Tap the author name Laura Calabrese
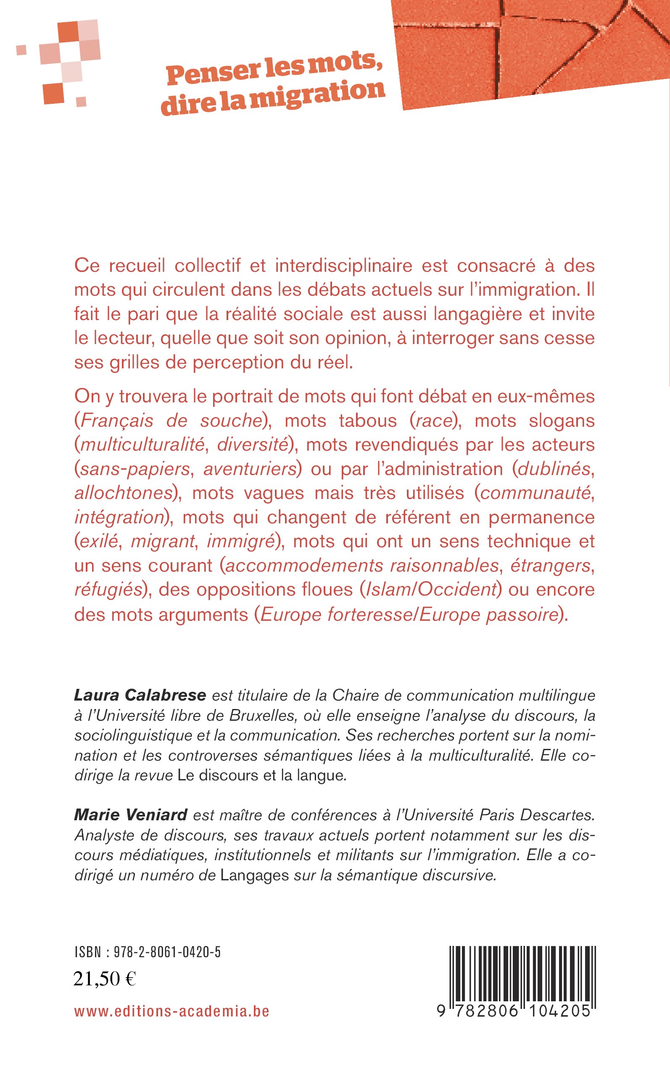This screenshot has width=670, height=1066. coord(140,695)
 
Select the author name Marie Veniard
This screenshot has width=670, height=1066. coord(131,814)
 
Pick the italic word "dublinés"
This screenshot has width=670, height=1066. coord(554,469)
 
